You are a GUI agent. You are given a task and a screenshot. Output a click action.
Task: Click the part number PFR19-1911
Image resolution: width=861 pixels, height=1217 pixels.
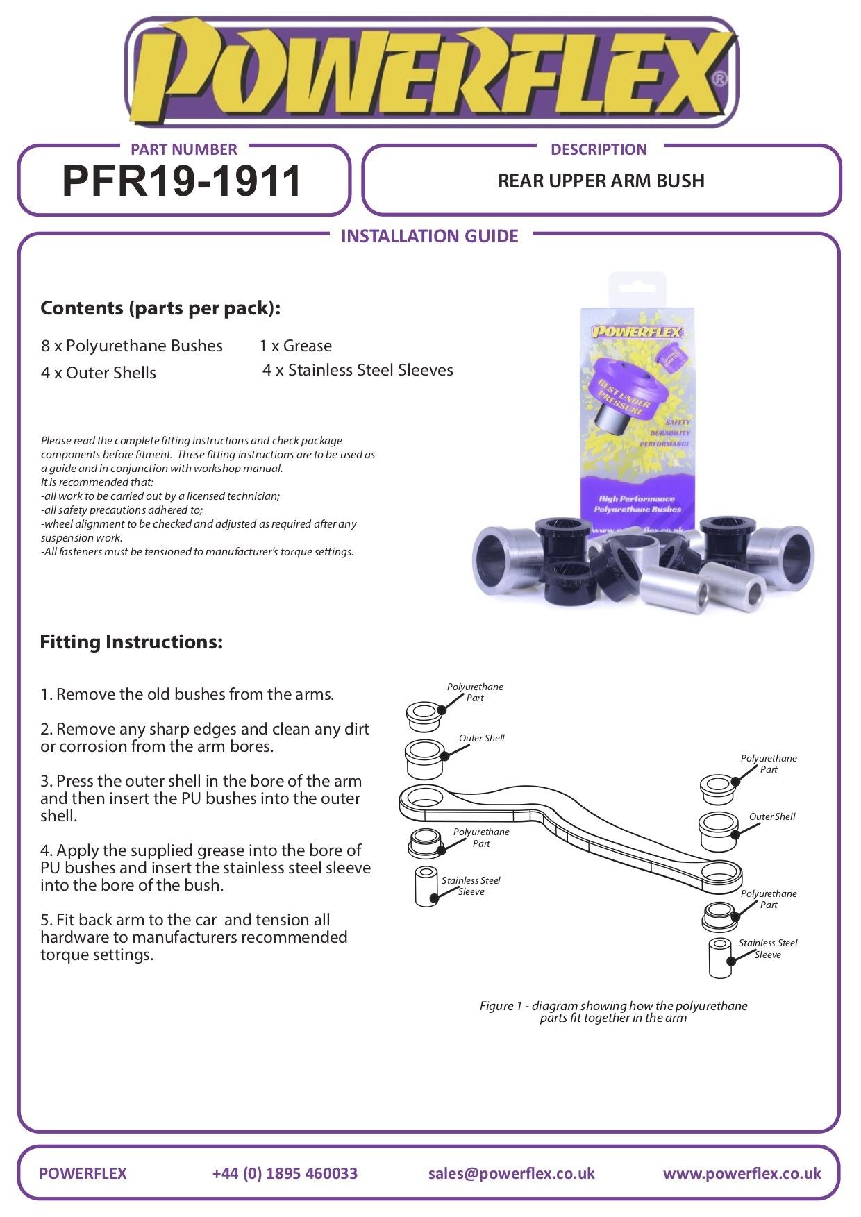pos(182,181)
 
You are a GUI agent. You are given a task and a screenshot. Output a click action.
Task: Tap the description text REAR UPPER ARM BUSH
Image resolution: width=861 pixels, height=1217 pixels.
pos(601,181)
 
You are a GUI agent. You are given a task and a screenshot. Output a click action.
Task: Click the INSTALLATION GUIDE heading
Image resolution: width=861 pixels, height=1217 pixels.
pos(429,236)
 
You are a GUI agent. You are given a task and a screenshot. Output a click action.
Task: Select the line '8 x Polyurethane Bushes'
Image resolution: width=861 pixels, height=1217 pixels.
pos(132,346)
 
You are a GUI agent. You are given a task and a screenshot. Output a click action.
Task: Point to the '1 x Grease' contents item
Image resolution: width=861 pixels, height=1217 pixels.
pos(295,346)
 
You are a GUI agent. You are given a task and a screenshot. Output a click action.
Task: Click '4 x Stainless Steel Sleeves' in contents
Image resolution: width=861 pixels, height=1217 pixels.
pos(358,370)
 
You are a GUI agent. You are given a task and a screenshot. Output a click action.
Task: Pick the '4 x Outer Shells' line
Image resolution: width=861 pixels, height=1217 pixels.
pos(99,373)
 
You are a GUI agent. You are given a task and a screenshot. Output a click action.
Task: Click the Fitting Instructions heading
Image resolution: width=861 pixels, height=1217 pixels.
pos(131,641)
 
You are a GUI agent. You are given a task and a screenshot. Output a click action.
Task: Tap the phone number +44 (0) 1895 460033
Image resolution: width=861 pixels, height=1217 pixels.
pos(285,1173)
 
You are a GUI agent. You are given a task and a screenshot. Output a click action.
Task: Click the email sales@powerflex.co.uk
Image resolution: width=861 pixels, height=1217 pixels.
pos(511,1173)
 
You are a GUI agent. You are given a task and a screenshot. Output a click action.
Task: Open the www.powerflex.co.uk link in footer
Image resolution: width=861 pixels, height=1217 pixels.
pos(742,1173)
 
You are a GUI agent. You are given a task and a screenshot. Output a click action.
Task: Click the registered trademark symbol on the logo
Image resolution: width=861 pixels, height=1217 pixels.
pos(720,79)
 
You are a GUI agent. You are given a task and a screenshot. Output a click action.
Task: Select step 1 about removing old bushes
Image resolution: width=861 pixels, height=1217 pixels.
pos(187,694)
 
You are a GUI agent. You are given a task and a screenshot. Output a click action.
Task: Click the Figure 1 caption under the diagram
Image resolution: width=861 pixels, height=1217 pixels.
pos(613,1012)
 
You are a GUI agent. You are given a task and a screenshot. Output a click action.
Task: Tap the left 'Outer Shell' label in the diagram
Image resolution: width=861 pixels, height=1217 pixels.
pos(481,738)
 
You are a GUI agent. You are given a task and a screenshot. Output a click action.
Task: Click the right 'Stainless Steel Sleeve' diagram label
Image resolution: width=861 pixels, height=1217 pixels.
pos(767,948)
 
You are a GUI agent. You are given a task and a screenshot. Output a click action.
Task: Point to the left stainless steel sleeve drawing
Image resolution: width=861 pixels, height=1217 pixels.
pos(426,886)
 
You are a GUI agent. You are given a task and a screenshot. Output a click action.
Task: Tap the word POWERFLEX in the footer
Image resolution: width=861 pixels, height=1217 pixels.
pos(83,1173)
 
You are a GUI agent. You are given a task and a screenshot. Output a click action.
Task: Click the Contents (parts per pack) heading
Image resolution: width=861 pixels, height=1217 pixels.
pos(160,308)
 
